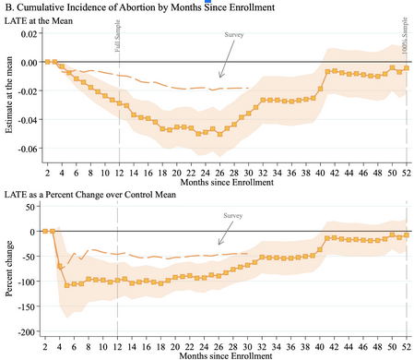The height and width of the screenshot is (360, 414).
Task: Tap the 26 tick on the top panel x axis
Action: (219, 172)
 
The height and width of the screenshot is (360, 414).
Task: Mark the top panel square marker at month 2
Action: (46, 62)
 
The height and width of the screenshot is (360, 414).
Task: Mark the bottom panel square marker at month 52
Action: (406, 234)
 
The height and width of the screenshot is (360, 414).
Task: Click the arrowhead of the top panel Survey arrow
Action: (219, 78)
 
